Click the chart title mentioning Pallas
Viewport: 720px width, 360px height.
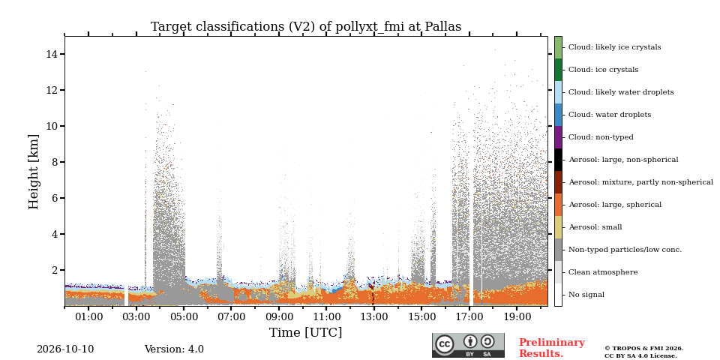[x=306, y=27]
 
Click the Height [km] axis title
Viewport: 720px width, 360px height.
[x=34, y=171]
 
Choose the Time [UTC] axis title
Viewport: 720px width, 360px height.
[x=306, y=332]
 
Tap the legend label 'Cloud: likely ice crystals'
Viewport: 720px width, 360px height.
[x=615, y=46]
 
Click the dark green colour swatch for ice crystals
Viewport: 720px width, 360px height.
[x=558, y=70]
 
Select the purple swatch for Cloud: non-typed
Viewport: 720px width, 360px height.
[x=558, y=137]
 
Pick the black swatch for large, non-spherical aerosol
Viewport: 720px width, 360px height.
[x=558, y=160]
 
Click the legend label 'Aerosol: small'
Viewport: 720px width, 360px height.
[x=595, y=226]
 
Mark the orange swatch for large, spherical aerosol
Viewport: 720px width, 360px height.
[x=558, y=205]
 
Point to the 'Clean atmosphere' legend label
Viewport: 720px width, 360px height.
[x=603, y=272]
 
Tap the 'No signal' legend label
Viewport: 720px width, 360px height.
[x=586, y=295]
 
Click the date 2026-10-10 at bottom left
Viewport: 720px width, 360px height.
[x=65, y=349]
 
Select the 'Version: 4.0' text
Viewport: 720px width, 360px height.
[x=174, y=349]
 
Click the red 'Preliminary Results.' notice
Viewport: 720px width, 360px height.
[x=552, y=348]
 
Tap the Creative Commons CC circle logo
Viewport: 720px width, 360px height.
[x=445, y=344]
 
